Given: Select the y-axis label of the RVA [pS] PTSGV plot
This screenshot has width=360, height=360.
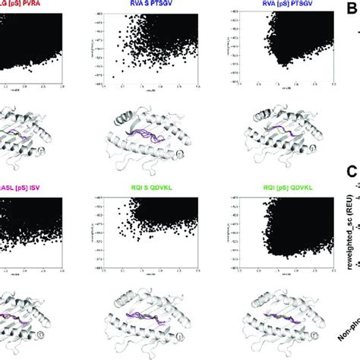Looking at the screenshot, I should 220,46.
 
